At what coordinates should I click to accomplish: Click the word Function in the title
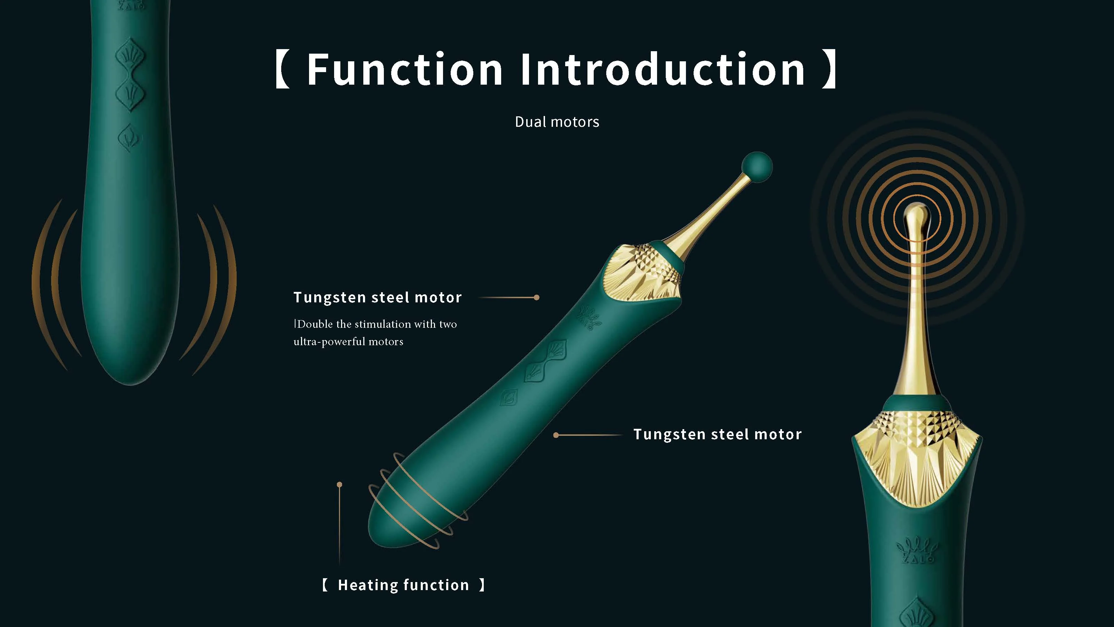click(404, 70)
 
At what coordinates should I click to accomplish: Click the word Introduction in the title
click(663, 70)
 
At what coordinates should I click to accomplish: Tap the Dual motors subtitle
click(557, 122)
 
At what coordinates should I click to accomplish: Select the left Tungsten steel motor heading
click(378, 297)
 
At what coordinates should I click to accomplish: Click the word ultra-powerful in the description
click(329, 341)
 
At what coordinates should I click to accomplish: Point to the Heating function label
click(403, 585)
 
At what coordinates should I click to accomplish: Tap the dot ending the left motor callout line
click(537, 297)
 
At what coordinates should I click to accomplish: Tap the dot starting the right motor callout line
click(556, 435)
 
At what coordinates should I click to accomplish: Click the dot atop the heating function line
click(339, 484)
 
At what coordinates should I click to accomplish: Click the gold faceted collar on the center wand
click(645, 273)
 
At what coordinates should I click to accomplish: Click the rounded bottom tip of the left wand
click(130, 372)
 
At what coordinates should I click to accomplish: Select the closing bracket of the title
click(829, 70)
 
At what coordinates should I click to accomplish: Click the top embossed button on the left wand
click(130, 56)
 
